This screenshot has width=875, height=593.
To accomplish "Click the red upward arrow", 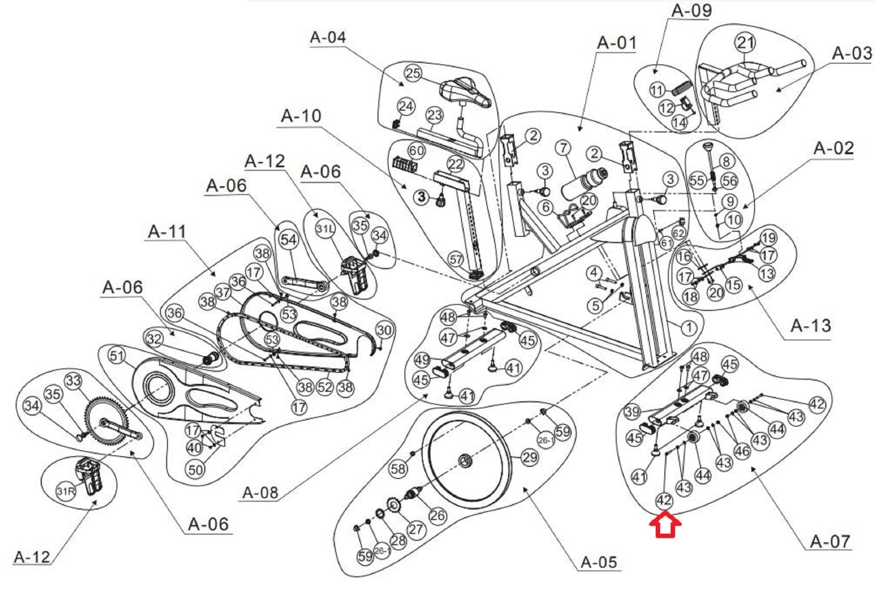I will pyautogui.click(x=665, y=525).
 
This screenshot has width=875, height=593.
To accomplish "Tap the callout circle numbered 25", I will pyautogui.click(x=413, y=73).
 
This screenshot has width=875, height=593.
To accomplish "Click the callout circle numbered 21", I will pyautogui.click(x=745, y=43).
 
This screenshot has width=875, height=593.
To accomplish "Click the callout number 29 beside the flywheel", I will pyautogui.click(x=530, y=457).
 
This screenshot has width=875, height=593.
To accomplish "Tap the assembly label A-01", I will pyautogui.click(x=617, y=43).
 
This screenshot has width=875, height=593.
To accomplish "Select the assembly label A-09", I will pyautogui.click(x=692, y=11).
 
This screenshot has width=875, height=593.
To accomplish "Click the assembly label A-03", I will pyautogui.click(x=852, y=54).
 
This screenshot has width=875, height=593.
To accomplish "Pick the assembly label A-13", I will pyautogui.click(x=810, y=326).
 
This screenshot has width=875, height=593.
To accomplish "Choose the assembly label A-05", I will pyautogui.click(x=599, y=562).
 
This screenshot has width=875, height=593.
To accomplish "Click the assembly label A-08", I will pyautogui.click(x=260, y=493).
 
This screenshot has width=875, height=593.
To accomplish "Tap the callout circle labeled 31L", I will pyautogui.click(x=325, y=229).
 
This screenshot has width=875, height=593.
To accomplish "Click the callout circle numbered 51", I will pyautogui.click(x=117, y=356).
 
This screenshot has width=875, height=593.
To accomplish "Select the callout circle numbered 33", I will pyautogui.click(x=73, y=380).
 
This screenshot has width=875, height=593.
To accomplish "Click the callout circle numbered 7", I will pyautogui.click(x=564, y=148).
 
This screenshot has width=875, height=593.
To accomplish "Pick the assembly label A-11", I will pyautogui.click(x=167, y=232).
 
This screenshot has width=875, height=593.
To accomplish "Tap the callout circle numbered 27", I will pyautogui.click(x=415, y=529).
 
